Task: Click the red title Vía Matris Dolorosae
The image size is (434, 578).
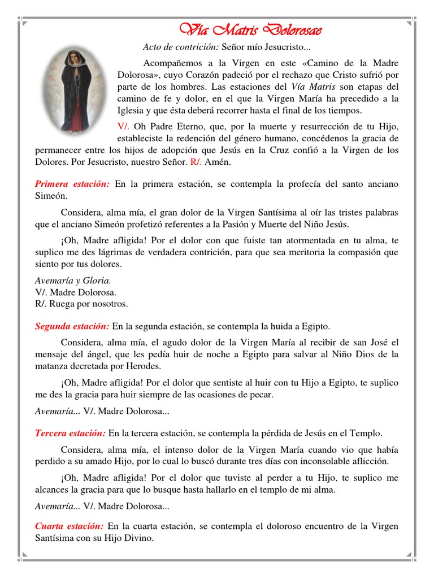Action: point(247,29)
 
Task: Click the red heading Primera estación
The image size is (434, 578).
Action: point(72,184)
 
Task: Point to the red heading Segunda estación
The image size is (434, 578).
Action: point(72,326)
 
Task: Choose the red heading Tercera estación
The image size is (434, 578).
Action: point(70,433)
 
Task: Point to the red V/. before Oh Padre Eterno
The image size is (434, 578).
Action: point(124,126)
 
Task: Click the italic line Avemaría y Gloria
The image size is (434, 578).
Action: point(73,281)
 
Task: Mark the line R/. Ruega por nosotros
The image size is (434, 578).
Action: point(81,304)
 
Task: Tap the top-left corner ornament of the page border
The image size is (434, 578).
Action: point(21,21)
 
